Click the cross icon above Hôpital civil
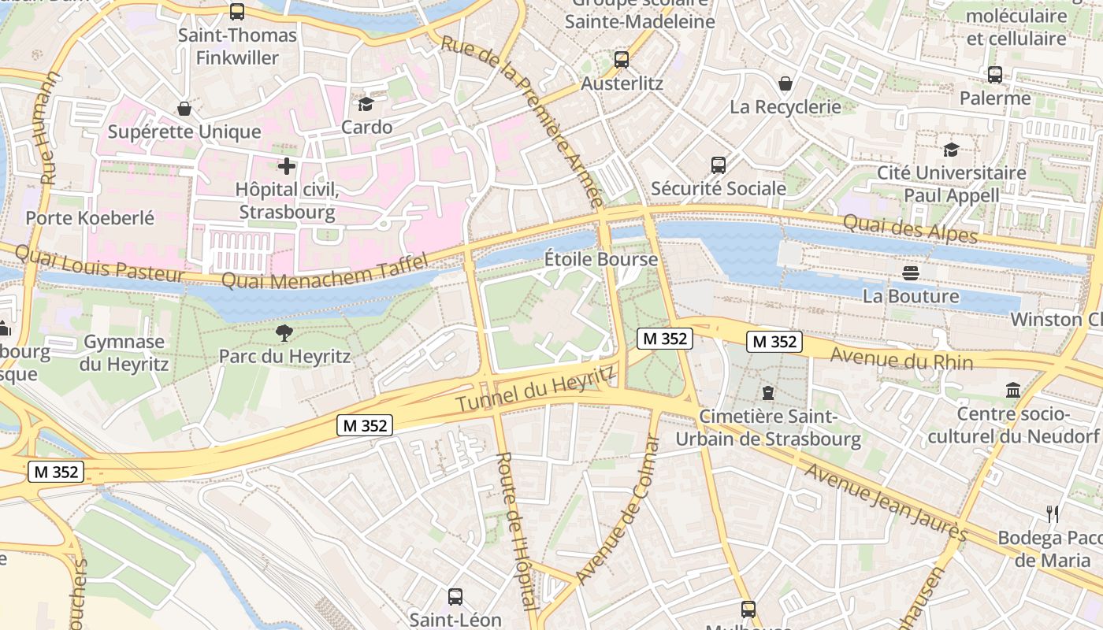coord(287,166)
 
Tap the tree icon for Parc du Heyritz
coord(284,333)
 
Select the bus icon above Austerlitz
coord(622,59)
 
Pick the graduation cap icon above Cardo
coord(366,104)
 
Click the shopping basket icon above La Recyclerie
coord(785,83)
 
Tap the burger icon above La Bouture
coord(912,273)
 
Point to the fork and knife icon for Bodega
coord(1053,514)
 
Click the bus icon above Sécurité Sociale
coord(719,165)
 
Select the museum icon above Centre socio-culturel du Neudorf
coord(1013,390)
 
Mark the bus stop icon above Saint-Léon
coord(455,596)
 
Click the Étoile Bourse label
coord(601,259)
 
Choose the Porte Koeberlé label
coord(90,218)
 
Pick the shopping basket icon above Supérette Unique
coord(184,108)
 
